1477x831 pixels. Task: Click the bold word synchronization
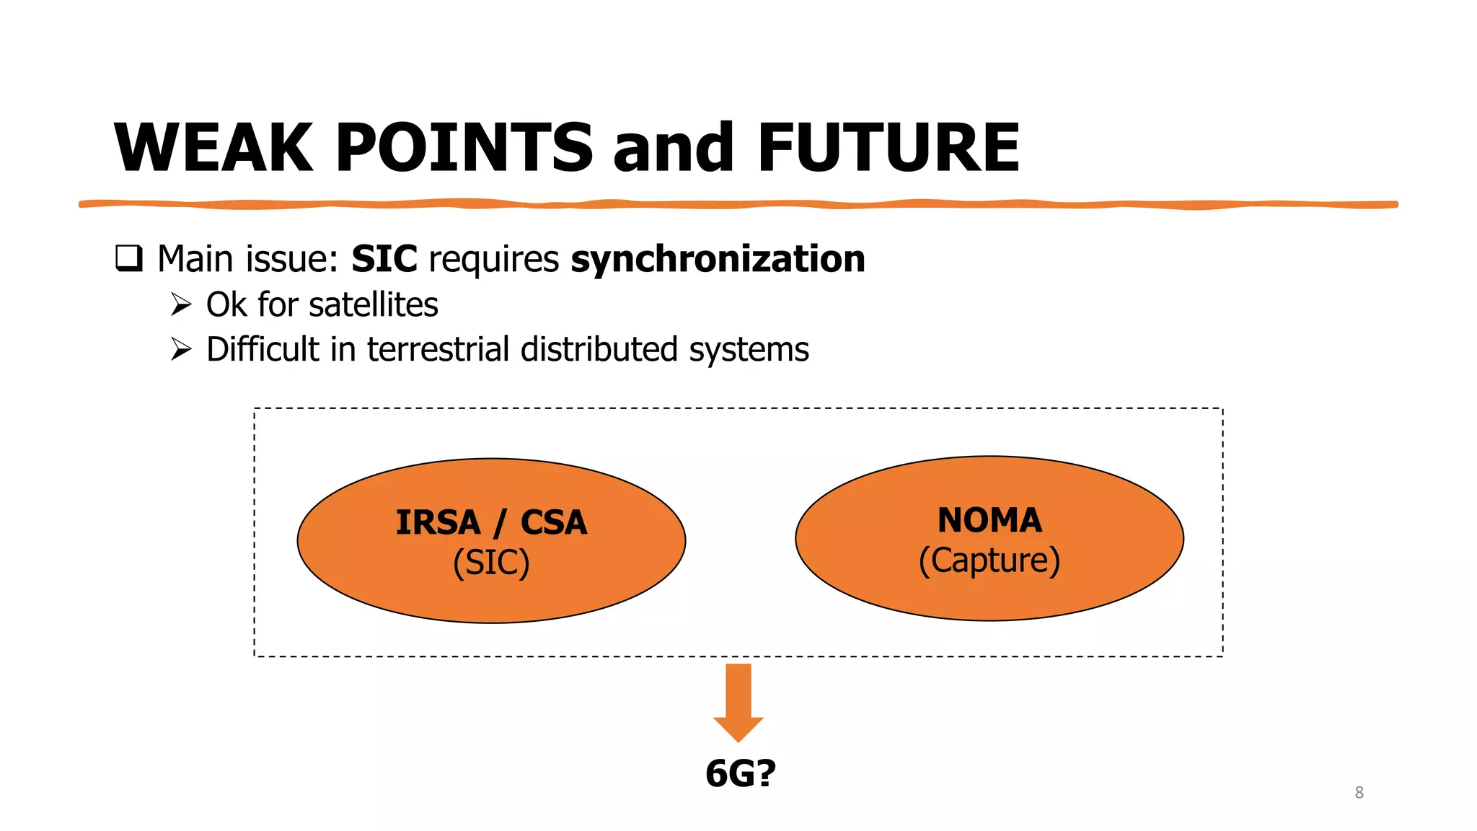[x=718, y=259]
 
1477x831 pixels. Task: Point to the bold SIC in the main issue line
[x=384, y=259]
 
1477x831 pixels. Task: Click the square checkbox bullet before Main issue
[x=129, y=258]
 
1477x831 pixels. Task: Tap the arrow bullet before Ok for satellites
[x=181, y=304]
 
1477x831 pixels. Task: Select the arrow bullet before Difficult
[x=181, y=349]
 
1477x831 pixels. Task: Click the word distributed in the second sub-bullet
[x=599, y=349]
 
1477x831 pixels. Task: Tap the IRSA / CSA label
[x=491, y=522]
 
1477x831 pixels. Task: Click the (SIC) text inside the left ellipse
[x=491, y=563]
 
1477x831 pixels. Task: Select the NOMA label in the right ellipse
[x=989, y=520]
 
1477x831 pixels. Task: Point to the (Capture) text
[x=989, y=560]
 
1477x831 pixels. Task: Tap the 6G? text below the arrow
[x=741, y=773]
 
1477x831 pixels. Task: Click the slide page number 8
[x=1359, y=793]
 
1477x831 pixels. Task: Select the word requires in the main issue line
[x=493, y=259]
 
